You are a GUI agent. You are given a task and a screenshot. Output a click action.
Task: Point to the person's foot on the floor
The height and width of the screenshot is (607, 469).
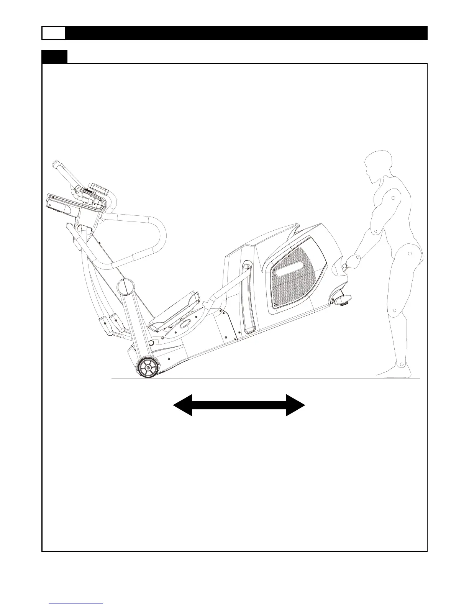tap(393, 371)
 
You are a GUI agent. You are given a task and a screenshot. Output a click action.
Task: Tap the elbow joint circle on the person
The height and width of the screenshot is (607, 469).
tap(376, 231)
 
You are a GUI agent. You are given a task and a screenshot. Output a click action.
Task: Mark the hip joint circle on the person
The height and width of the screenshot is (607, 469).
tap(410, 254)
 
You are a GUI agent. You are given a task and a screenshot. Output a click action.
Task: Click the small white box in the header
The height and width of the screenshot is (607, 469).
tap(53, 33)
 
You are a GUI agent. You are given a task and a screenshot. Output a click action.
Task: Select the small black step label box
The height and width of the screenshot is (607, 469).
tap(54, 56)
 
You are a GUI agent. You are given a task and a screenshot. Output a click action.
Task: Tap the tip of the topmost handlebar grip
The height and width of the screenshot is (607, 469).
tap(56, 164)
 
